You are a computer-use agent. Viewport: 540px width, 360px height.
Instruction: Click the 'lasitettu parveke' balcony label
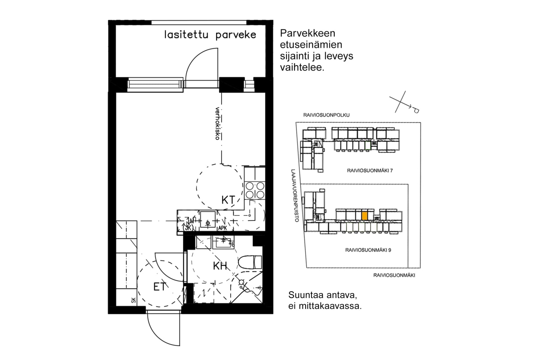[x=210, y=35]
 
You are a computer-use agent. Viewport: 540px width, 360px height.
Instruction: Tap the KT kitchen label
[x=228, y=200]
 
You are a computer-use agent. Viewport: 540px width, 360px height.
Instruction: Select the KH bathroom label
[x=220, y=266]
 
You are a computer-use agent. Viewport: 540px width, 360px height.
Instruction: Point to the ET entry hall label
[x=159, y=287]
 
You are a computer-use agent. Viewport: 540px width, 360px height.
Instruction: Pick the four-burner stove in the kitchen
[x=255, y=190]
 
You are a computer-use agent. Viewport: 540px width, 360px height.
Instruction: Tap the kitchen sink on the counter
[x=208, y=220]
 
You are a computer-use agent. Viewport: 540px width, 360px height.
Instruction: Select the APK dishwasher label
[x=222, y=228]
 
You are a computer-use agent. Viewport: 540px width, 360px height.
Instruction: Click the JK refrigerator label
[x=188, y=228]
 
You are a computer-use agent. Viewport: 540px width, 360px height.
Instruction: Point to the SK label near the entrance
[x=133, y=300]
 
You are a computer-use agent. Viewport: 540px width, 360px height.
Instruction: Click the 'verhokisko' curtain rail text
[x=217, y=123]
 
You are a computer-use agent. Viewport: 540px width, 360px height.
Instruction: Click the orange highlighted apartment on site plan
[x=365, y=215]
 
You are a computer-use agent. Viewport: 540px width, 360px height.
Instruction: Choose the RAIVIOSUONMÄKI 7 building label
[x=370, y=171]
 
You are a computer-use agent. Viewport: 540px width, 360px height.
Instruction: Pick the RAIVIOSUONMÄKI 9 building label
[x=368, y=250]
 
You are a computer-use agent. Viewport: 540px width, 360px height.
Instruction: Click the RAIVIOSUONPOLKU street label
[x=327, y=115]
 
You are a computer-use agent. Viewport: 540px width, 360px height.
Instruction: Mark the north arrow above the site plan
[x=405, y=103]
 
